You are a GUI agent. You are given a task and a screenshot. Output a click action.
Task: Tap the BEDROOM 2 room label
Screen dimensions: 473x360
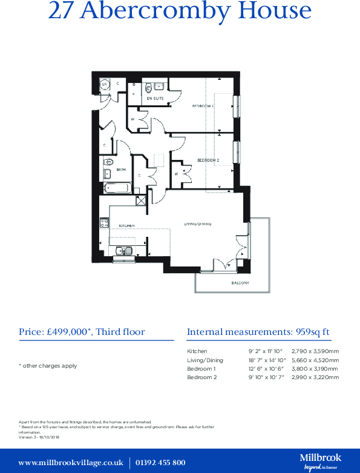click(208, 160)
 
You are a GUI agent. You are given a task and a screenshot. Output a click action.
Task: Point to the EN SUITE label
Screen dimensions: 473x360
click(155, 98)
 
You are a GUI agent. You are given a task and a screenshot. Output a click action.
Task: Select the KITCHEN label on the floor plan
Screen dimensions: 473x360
click(126, 225)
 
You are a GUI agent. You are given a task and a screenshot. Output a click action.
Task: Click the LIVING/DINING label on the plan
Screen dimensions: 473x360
click(198, 225)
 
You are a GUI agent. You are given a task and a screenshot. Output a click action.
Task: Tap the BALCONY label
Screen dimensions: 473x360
click(240, 283)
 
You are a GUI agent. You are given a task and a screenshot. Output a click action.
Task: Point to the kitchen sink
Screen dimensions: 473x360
click(124, 250)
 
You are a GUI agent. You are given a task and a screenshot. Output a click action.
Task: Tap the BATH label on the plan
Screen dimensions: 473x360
click(121, 170)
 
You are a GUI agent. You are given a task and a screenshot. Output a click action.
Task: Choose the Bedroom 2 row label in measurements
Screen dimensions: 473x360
click(201, 377)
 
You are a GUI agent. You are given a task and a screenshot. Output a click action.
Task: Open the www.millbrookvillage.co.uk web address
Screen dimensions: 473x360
click(71, 463)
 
